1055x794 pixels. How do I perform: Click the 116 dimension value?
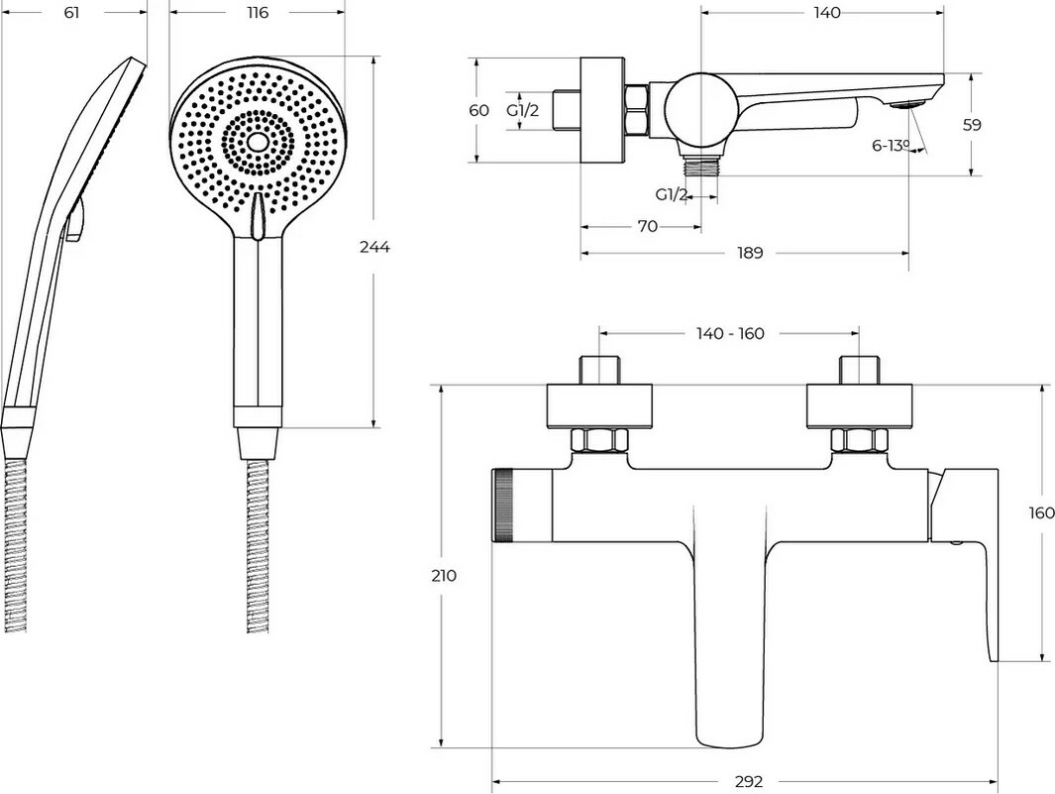(257, 13)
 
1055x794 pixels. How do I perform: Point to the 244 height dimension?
(374, 247)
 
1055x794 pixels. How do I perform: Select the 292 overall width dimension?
(750, 781)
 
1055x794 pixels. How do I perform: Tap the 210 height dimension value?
(445, 576)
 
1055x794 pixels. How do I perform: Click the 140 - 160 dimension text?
(730, 333)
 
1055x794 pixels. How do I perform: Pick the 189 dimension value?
(750, 253)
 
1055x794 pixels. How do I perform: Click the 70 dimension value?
(647, 227)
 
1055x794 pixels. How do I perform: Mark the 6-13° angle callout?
(891, 146)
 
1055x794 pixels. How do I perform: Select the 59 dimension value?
(972, 125)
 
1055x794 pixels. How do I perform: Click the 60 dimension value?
(478, 110)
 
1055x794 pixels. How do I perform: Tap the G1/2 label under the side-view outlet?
(672, 194)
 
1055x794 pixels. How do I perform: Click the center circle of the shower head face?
(258, 142)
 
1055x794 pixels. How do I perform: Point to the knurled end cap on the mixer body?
(504, 506)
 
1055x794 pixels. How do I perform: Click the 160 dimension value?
(1041, 513)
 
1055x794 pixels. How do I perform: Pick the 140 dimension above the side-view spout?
(824, 13)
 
